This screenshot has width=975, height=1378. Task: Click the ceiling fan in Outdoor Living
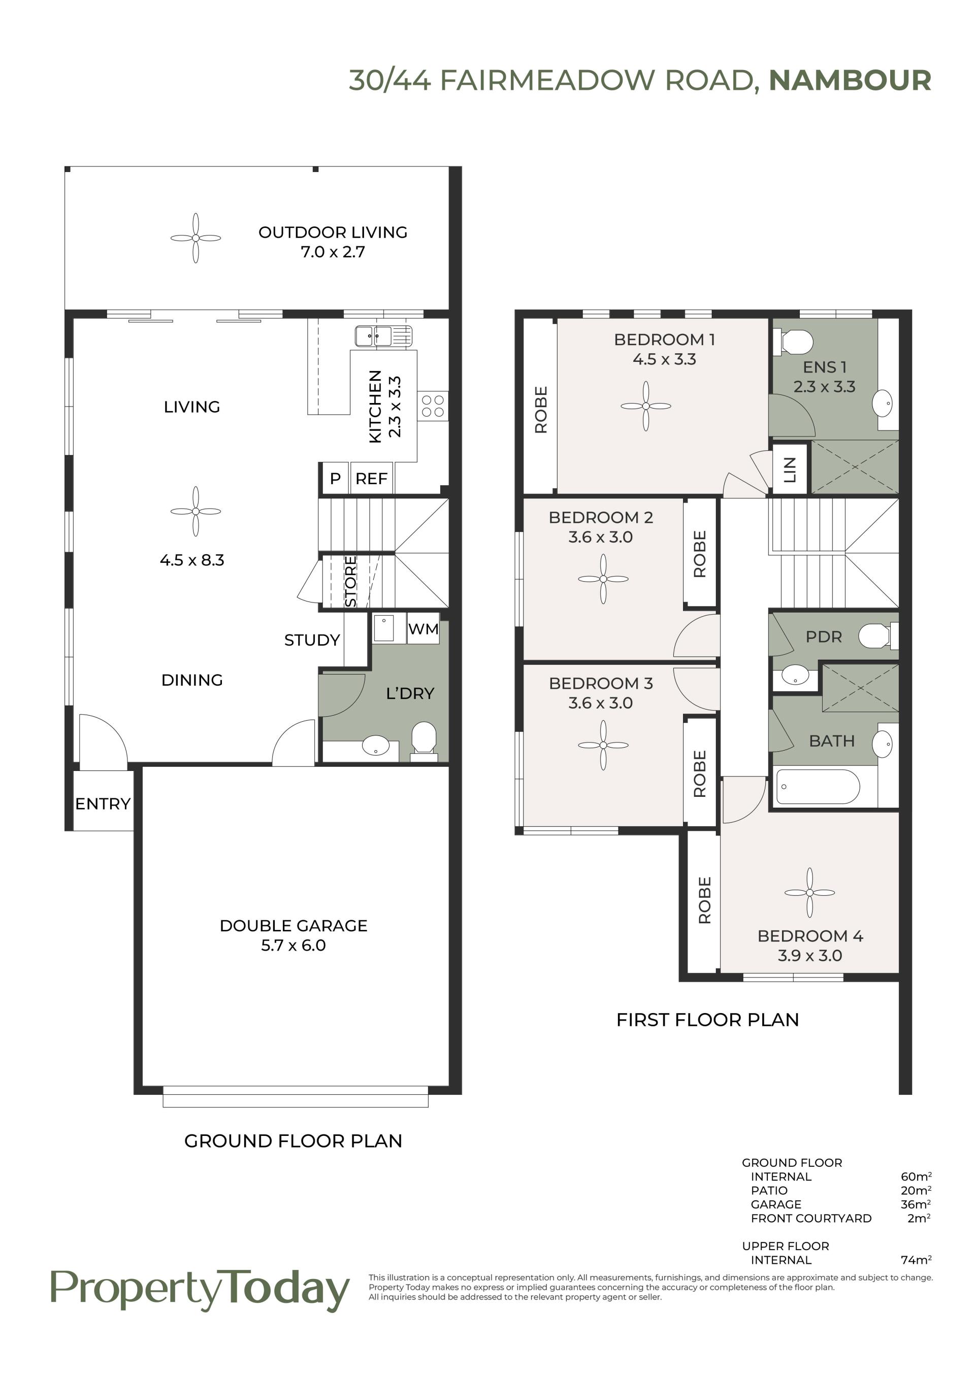[x=196, y=238]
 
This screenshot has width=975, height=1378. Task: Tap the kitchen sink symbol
[x=383, y=336]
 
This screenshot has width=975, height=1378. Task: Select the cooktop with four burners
[x=433, y=405]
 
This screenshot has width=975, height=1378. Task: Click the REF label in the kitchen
[x=371, y=479]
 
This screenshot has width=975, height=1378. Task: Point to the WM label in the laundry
[x=423, y=629]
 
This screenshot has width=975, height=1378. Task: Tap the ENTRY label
[x=103, y=803]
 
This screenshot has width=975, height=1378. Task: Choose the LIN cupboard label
[x=790, y=470]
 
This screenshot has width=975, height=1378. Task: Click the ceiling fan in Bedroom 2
[x=603, y=579]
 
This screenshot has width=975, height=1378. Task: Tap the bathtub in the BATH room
[x=818, y=787]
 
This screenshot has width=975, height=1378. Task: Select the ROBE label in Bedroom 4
[x=705, y=900]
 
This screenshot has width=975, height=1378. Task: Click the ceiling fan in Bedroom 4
[x=809, y=892]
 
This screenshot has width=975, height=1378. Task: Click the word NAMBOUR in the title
[x=850, y=80]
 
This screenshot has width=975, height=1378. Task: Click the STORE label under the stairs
[x=350, y=581]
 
